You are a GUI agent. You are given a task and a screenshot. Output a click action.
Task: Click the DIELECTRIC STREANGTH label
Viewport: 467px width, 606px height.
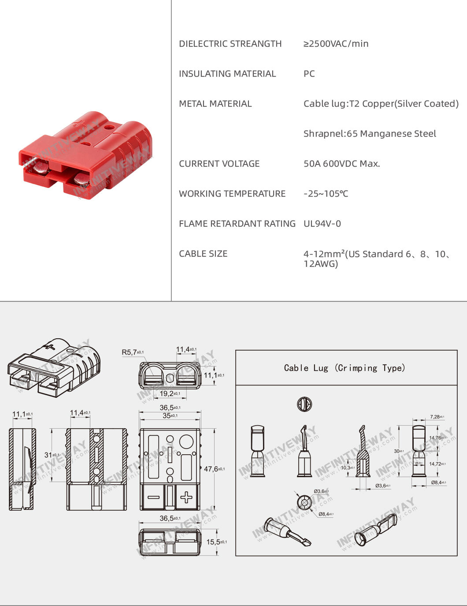pyautogui.click(x=230, y=44)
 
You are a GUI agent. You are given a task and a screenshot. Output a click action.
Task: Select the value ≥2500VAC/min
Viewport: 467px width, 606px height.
pyautogui.click(x=336, y=44)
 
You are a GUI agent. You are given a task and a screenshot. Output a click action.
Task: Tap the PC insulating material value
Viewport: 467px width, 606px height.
pyautogui.click(x=309, y=74)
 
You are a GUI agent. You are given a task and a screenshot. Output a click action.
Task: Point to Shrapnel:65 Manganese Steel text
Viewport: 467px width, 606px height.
pyautogui.click(x=370, y=134)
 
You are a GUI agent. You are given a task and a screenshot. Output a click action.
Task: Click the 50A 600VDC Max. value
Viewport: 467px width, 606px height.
pyautogui.click(x=341, y=164)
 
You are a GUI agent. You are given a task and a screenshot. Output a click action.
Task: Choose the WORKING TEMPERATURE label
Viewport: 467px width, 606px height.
pyautogui.click(x=232, y=194)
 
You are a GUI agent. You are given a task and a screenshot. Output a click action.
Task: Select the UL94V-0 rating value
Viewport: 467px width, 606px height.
pyautogui.click(x=322, y=224)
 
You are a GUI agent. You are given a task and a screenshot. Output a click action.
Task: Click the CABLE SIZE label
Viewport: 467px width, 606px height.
pyautogui.click(x=203, y=254)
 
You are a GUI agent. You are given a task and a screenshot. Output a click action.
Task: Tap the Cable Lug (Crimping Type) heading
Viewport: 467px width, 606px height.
pyautogui.click(x=345, y=368)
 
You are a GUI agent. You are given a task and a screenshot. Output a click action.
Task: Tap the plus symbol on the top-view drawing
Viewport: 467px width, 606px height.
pyautogui.click(x=186, y=498)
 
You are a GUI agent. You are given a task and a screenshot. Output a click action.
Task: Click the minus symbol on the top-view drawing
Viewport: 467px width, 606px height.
pyautogui.click(x=153, y=498)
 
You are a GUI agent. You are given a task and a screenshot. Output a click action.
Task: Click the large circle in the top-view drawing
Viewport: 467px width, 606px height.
pyautogui.click(x=186, y=441)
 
